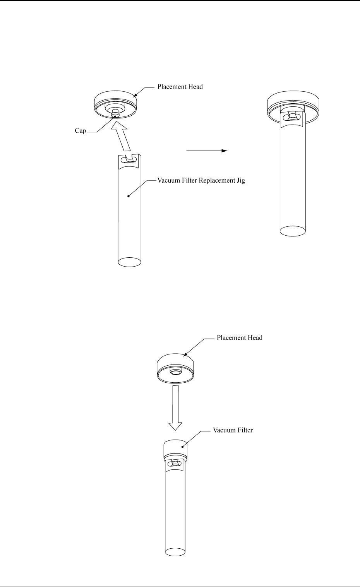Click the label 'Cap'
pos(80,131)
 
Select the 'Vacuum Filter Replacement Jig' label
pos(201,180)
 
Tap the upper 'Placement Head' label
pos(180,87)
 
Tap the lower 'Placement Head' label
pos(239,337)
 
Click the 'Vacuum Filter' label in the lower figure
pos(233,430)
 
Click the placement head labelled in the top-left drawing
pos(116,101)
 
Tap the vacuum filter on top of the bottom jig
pos(175,449)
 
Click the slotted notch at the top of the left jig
pos(129,159)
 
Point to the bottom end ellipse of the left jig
pos(129,262)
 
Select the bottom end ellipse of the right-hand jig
pos(293,230)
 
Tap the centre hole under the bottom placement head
pos(175,373)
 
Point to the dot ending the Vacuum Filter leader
pos(182,446)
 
